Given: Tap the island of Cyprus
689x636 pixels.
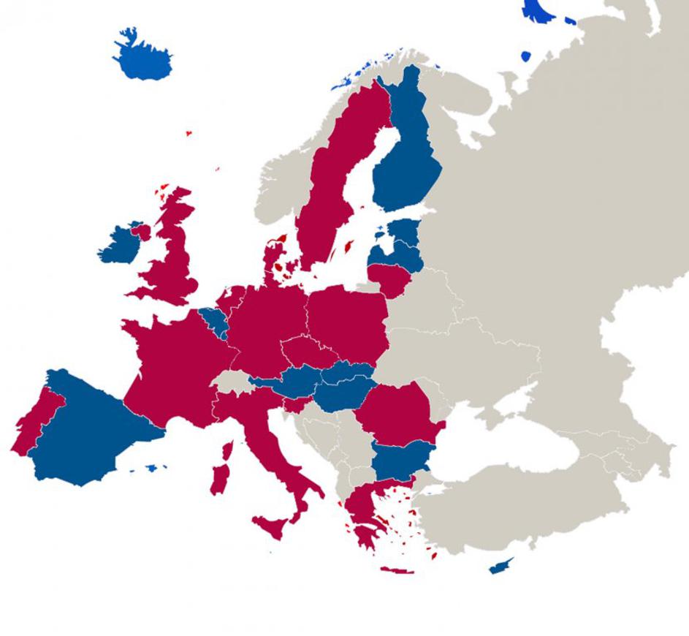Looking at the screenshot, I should (500, 567).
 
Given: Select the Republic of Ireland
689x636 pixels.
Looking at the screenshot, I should (117, 245).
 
